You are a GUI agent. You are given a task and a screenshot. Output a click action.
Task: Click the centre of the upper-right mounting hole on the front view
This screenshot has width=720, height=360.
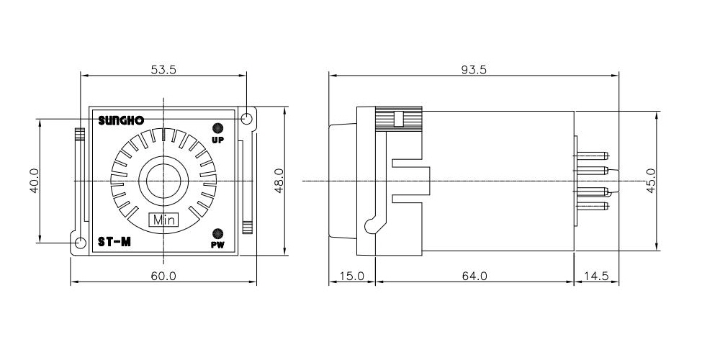click(x=246, y=119)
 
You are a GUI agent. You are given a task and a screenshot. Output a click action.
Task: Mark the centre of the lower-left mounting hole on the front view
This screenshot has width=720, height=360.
click(x=81, y=243)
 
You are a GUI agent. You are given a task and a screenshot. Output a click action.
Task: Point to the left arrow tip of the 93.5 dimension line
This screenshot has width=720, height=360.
click(x=329, y=76)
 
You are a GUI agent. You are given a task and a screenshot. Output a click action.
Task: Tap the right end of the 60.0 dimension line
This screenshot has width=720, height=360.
click(x=257, y=282)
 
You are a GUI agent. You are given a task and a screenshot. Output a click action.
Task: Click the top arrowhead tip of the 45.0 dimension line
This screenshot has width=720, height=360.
click(x=657, y=112)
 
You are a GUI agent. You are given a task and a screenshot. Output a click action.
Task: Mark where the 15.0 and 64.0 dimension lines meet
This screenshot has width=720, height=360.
click(x=376, y=282)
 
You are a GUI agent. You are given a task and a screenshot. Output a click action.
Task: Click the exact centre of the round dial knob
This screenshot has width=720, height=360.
click(x=163, y=181)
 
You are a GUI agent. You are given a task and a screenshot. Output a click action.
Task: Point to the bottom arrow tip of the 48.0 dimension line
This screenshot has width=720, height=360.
click(x=284, y=255)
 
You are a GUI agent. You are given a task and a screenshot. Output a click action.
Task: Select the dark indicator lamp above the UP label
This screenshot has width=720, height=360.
click(x=217, y=127)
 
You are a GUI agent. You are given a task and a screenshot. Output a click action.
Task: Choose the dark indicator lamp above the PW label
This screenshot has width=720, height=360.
click(x=217, y=233)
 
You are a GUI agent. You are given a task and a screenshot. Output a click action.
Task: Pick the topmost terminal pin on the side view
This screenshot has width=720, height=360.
click(x=593, y=156)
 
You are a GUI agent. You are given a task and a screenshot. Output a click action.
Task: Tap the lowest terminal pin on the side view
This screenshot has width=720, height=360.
click(x=593, y=206)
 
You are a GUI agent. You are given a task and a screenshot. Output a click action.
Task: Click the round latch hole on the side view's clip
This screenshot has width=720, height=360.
click(x=370, y=226)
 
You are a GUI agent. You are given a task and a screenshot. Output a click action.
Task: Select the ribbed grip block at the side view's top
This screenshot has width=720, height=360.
click(x=399, y=120)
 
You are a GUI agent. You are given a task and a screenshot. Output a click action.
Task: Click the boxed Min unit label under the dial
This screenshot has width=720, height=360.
click(x=164, y=220)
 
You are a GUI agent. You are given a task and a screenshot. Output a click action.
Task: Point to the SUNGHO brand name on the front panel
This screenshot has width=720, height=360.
click(x=121, y=121)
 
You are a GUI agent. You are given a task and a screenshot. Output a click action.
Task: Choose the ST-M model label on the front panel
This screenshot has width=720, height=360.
click(x=114, y=242)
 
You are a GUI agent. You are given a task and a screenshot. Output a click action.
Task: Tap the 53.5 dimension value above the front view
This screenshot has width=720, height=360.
click(x=163, y=70)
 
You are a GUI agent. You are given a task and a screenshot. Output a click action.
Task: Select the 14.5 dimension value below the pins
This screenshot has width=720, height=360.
click(x=596, y=276)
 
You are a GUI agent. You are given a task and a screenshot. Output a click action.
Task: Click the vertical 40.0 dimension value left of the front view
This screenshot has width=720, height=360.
click(x=35, y=181)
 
